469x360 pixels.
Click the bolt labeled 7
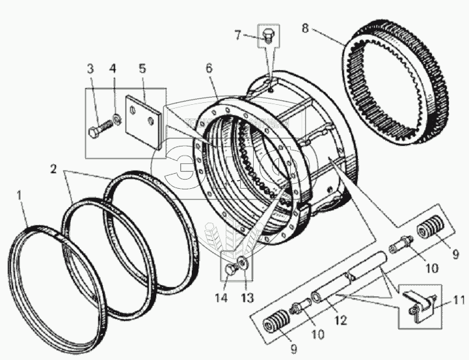(x=268, y=36)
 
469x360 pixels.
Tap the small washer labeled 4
(x=114, y=118)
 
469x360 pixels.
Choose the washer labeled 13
(x=242, y=262)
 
